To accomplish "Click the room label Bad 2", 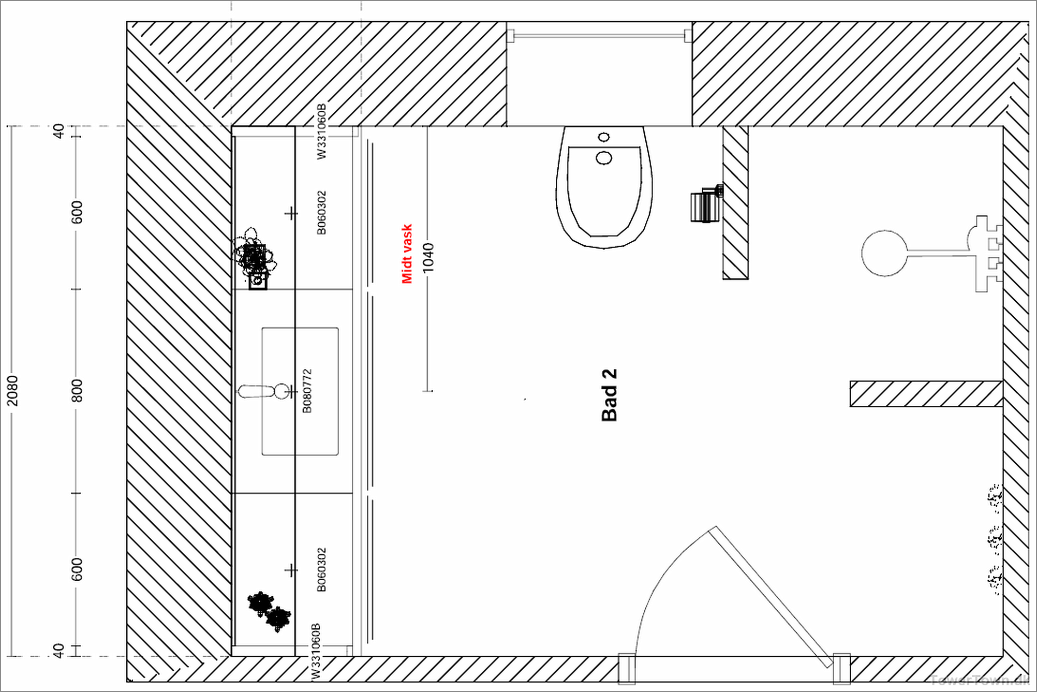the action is tap(609, 395).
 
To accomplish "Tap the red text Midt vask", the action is tap(407, 254).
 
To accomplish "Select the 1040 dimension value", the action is tap(428, 258).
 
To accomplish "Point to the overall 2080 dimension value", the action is tap(12, 391).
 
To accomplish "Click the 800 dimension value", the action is tap(77, 391).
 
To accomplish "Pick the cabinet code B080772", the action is tap(307, 391).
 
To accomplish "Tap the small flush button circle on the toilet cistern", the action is tap(604, 137).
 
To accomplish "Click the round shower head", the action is tap(884, 253).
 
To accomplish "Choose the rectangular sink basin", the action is tap(300, 391).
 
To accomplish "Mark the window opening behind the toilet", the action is tap(599, 73).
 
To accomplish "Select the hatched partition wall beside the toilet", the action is tap(735, 203).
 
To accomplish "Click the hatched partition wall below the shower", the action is tap(926, 394).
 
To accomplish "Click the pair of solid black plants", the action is tap(270, 611).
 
